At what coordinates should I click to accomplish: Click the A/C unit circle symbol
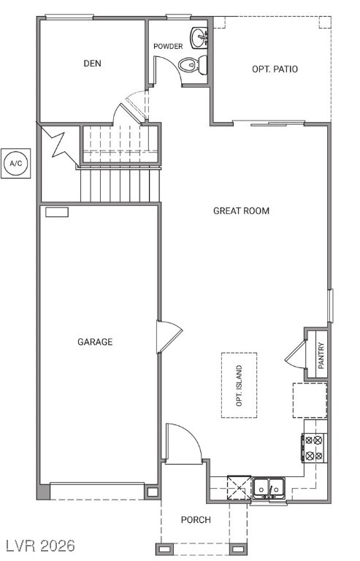click(15, 163)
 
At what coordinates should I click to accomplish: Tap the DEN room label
click(92, 64)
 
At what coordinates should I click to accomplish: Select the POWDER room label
click(168, 47)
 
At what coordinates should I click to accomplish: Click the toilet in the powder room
click(192, 65)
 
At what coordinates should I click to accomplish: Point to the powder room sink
click(199, 37)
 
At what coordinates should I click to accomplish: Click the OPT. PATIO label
click(275, 69)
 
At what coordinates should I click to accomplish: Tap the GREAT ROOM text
click(241, 211)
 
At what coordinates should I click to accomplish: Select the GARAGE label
click(95, 342)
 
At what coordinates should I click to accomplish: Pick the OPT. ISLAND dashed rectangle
click(240, 385)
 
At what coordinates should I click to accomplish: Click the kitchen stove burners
click(315, 447)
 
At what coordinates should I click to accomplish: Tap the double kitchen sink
click(269, 486)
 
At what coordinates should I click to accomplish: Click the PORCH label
click(196, 520)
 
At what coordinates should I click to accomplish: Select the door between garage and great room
click(166, 337)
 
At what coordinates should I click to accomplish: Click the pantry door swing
click(296, 355)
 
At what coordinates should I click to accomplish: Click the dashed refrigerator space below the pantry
click(310, 399)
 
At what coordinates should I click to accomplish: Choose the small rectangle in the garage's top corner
click(57, 212)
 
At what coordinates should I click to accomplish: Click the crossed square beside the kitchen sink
click(238, 486)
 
